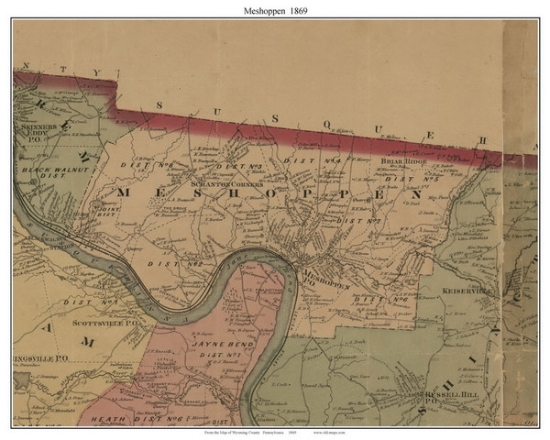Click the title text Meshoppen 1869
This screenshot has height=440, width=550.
click(274, 9)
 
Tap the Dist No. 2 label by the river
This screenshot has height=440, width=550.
click(185, 263)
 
